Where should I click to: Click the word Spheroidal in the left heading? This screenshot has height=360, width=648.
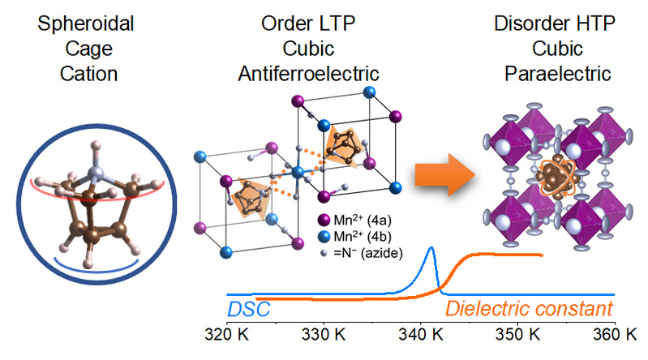[79, 21]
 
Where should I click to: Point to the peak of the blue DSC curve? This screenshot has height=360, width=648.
[431, 248]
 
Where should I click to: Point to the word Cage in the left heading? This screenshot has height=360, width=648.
[79, 48]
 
